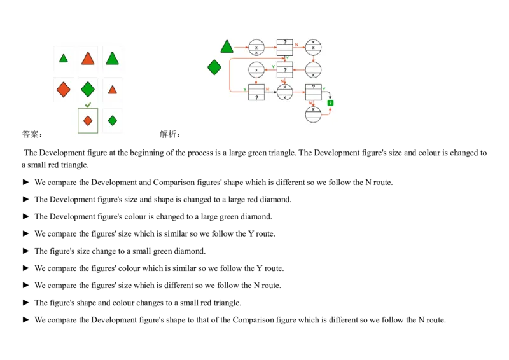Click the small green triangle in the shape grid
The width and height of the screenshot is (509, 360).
[x=64, y=59]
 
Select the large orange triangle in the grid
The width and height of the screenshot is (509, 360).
[x=88, y=59]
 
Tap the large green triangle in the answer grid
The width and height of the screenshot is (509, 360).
[x=113, y=58]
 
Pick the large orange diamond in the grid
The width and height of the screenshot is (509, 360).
[x=64, y=89]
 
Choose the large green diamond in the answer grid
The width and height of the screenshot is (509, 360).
[x=88, y=89]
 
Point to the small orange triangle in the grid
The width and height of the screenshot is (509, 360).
[x=113, y=90]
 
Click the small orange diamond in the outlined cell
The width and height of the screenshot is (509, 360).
[x=88, y=120]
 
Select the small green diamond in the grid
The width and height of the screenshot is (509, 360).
[x=113, y=120]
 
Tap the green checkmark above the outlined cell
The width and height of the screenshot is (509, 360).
[x=88, y=105]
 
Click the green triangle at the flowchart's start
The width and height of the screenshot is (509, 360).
[x=227, y=46]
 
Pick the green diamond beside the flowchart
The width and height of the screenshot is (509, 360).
[x=214, y=67]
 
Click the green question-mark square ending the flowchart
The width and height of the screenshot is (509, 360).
[x=330, y=102]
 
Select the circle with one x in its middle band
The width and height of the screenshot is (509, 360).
[x=256, y=70]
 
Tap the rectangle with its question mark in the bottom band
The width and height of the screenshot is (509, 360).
[x=256, y=92]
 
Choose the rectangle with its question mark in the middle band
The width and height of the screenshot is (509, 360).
[x=285, y=70]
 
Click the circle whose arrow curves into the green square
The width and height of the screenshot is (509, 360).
[x=313, y=115]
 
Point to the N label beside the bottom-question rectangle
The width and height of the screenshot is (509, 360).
[x=268, y=89]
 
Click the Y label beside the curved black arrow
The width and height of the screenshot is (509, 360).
[x=324, y=89]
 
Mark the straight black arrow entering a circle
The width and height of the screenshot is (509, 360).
[x=274, y=92]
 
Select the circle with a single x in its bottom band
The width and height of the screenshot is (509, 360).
[x=313, y=70]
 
